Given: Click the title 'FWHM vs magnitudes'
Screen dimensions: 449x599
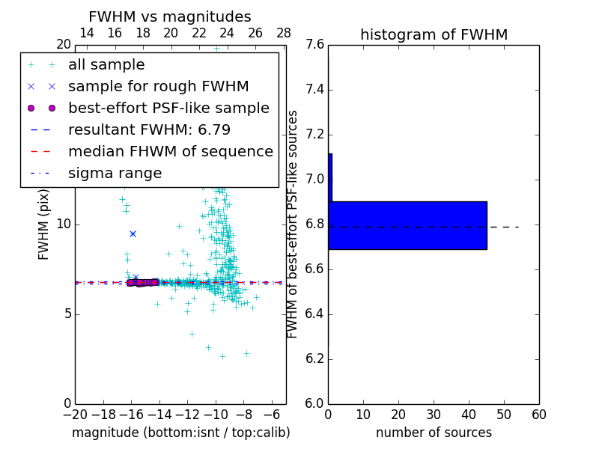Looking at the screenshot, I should point(169,16).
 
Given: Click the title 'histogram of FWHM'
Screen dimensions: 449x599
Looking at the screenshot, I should point(434,34).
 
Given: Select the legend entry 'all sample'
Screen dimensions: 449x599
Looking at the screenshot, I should point(106,65).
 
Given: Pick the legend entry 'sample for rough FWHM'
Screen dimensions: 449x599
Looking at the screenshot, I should point(158,86).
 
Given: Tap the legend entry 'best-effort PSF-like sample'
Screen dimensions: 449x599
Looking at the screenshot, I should point(168,108).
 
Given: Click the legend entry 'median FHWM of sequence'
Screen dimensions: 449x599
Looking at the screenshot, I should point(170,151).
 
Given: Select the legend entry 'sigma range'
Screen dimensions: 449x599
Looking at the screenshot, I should point(115,173).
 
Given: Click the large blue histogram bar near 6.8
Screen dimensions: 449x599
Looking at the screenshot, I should point(407,225).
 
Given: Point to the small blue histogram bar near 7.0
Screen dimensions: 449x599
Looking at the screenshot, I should point(330,177).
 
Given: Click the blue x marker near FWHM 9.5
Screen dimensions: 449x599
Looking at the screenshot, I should point(133,233).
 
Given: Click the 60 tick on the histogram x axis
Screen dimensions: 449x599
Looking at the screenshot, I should point(538,415).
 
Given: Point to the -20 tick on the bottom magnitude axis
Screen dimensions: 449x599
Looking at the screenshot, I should point(75,415).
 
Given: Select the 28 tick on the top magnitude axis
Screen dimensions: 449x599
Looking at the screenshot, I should point(284,33).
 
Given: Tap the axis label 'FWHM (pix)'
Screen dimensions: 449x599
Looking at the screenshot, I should point(44,224).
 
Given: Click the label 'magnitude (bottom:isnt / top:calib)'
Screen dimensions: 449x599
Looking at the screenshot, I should point(180,433).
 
